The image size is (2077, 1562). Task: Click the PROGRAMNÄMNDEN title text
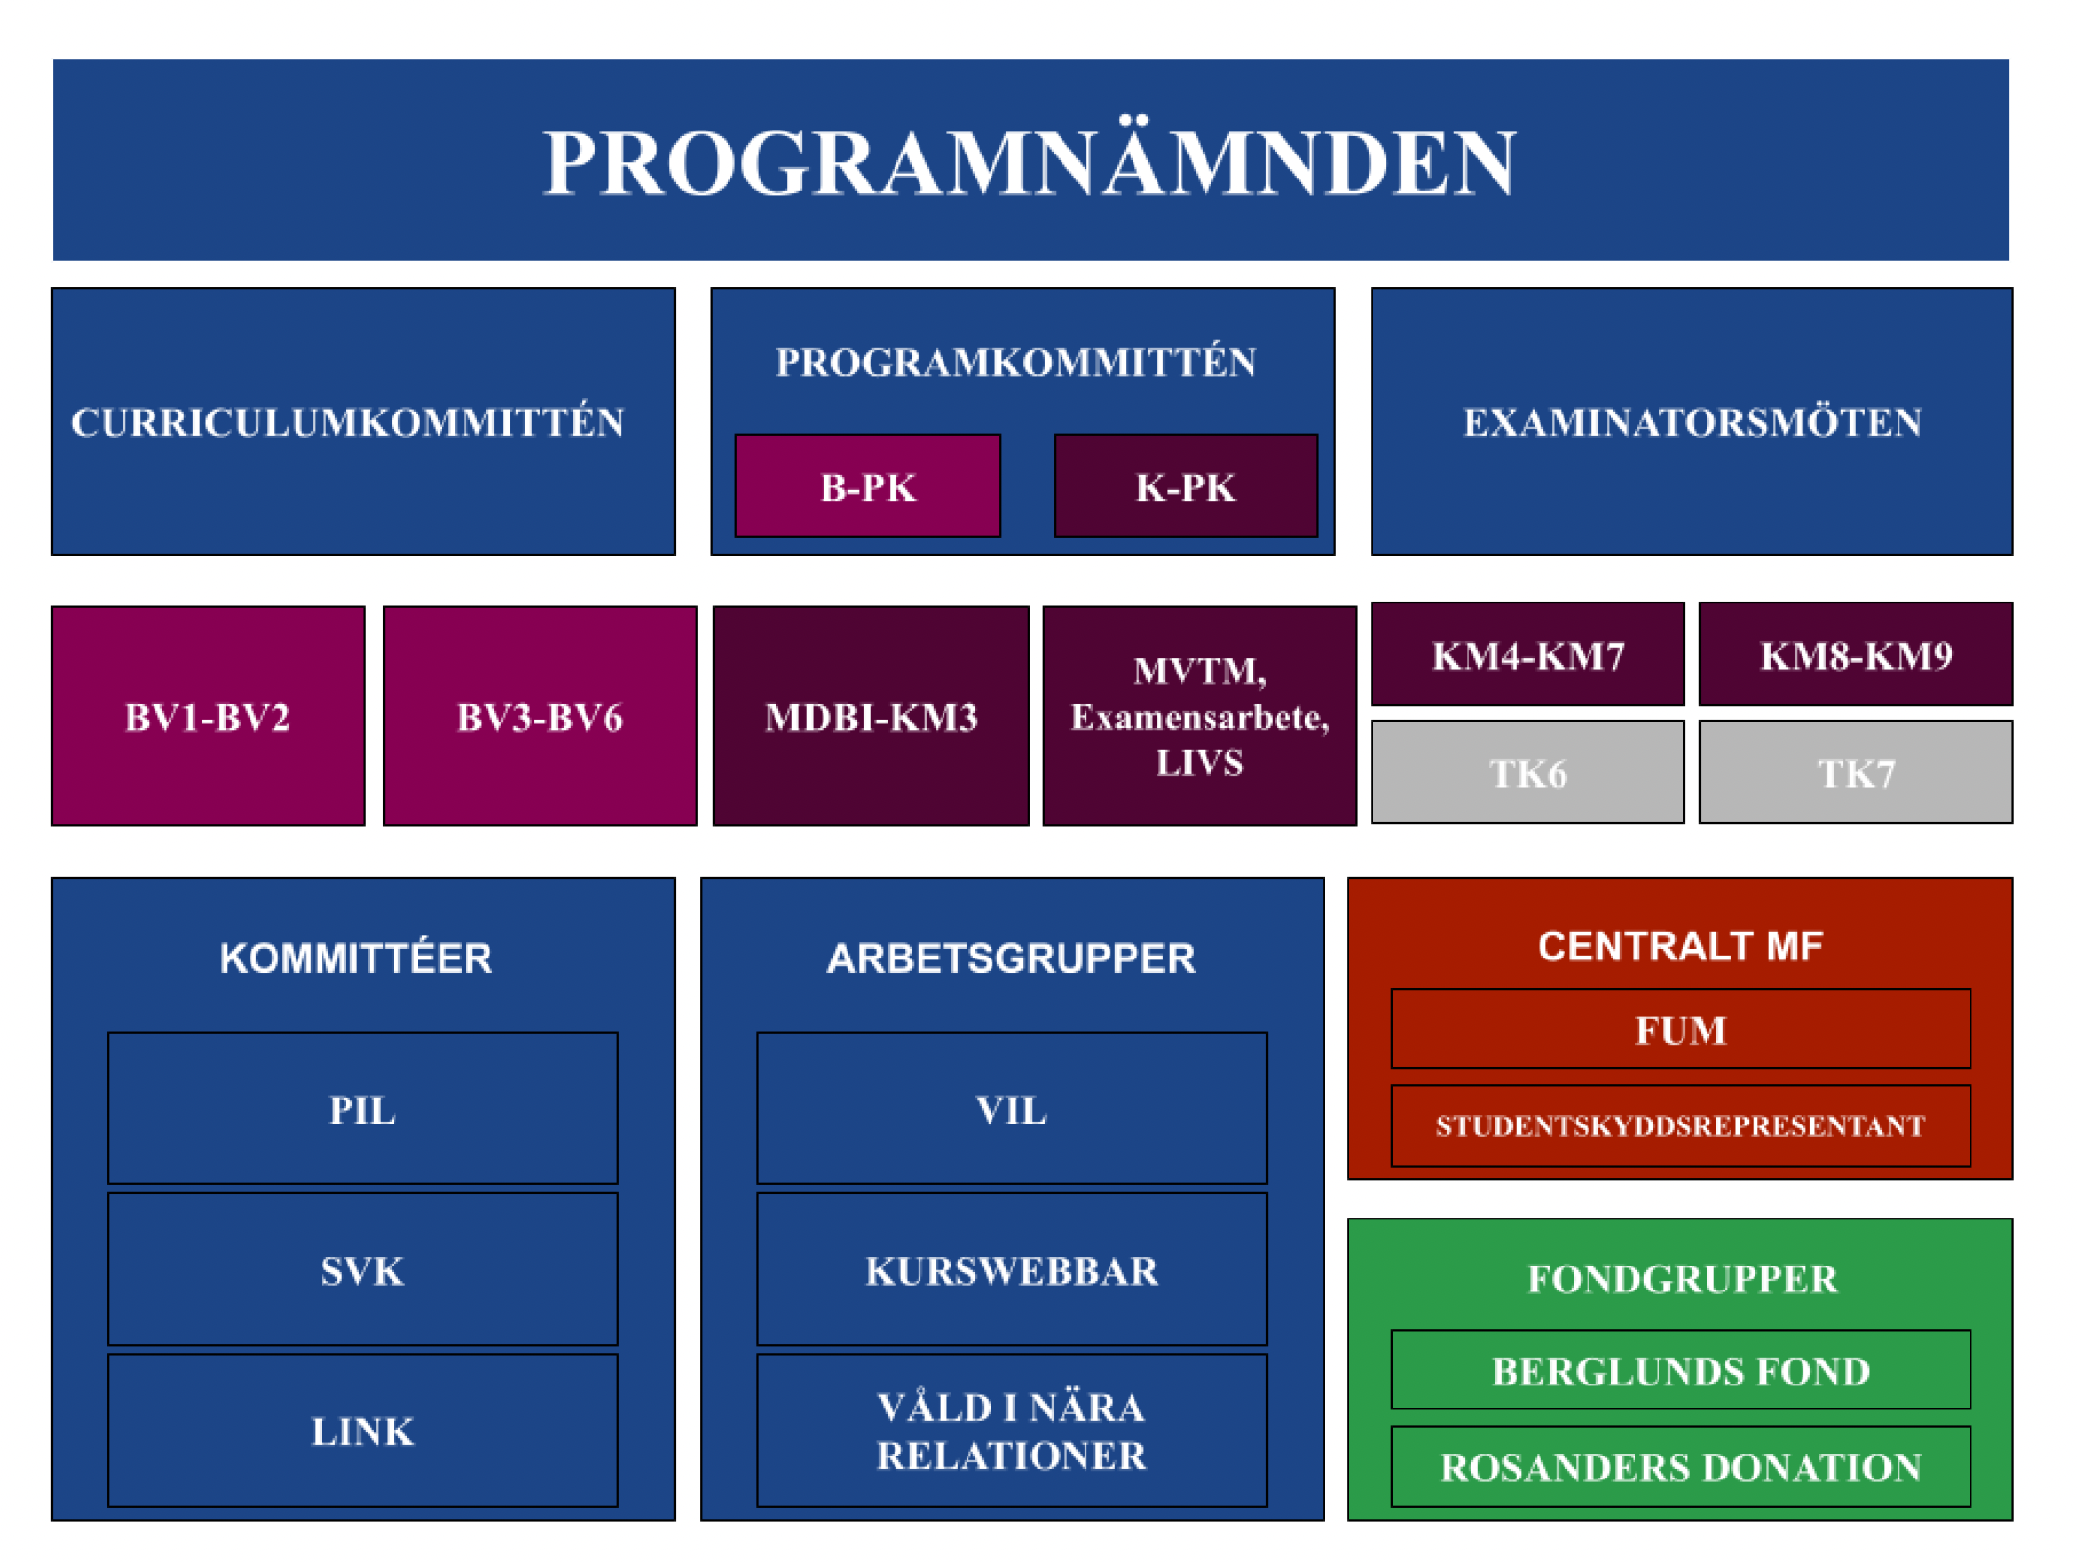(x=1030, y=164)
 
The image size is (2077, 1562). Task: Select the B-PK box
(x=868, y=485)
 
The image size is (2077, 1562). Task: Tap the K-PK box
(x=1185, y=485)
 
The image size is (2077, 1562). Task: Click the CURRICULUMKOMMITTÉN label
(x=347, y=421)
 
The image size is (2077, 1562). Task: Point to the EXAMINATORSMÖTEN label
(x=1692, y=421)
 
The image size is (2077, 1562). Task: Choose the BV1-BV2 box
(x=208, y=716)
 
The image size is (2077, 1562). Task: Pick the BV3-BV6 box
(x=539, y=716)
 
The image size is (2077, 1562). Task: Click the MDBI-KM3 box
(x=871, y=716)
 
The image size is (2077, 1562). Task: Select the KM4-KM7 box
(x=1527, y=654)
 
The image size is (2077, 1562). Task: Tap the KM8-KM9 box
(x=1855, y=654)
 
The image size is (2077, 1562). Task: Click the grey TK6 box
(x=1527, y=772)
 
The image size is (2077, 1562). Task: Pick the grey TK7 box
(x=1855, y=772)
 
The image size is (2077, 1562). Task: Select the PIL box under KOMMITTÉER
(x=363, y=1108)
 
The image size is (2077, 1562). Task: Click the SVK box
(x=363, y=1269)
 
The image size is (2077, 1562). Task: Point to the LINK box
(x=363, y=1431)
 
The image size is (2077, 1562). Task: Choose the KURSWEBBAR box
(x=1012, y=1269)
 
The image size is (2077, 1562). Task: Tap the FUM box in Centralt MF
(x=1681, y=1029)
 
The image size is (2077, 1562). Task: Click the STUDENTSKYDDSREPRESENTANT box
(x=1681, y=1125)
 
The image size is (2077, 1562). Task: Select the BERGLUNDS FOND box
(x=1681, y=1369)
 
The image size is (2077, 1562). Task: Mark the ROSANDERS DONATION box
(x=1681, y=1466)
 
